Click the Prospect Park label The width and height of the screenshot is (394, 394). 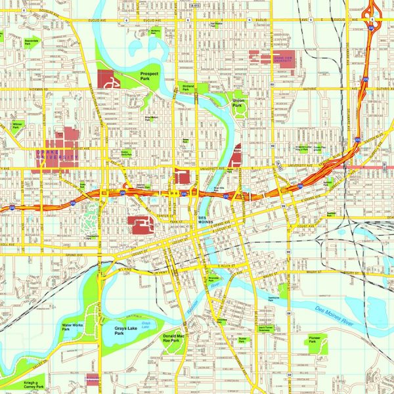pyautogui.click(x=149, y=75)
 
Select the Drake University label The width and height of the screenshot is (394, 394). pyautogui.click(x=52, y=157)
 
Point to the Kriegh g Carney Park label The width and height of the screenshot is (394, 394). pyautogui.click(x=31, y=384)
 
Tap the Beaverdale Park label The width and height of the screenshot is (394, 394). pyautogui.click(x=31, y=41)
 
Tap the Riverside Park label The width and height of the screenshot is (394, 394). pyautogui.click(x=213, y=278)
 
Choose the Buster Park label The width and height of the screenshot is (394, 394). pyautogui.click(x=242, y=341)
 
